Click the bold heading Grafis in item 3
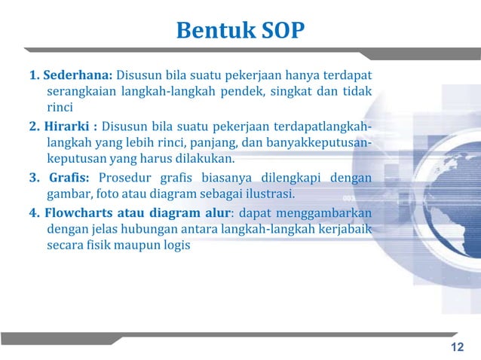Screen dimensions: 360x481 point(69,177)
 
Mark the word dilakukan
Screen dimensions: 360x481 point(208,160)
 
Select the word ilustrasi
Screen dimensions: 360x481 point(269,194)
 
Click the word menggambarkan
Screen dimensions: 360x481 point(329,212)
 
